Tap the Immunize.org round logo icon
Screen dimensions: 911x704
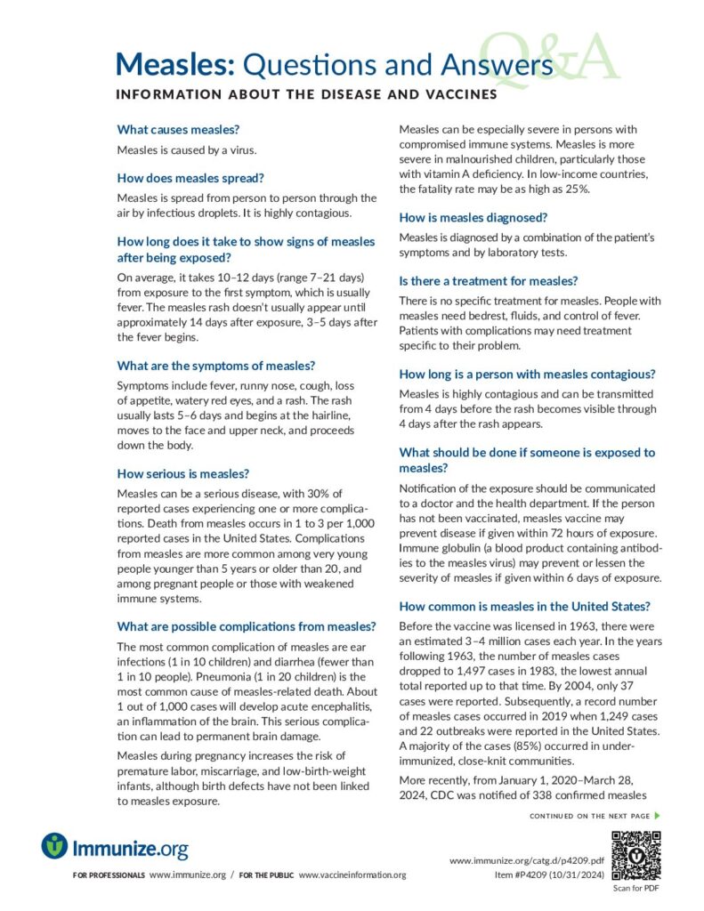[54, 845]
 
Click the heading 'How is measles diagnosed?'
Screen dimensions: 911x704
[473, 217]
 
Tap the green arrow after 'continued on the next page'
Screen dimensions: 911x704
[658, 815]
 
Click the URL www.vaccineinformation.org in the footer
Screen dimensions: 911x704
[352, 875]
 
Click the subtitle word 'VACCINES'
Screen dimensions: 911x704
[462, 93]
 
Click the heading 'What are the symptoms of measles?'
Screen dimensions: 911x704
[217, 366]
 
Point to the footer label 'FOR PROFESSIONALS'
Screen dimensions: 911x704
[109, 875]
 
